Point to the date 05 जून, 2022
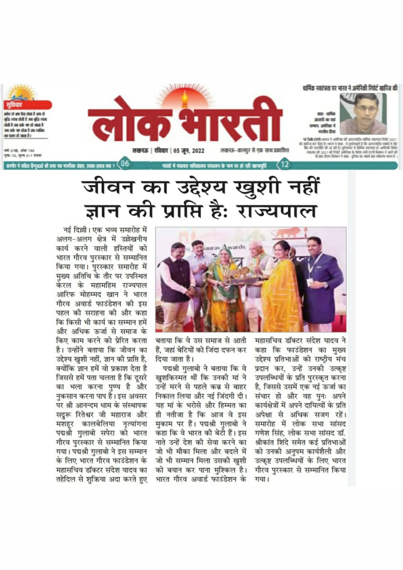189,151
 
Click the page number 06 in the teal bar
125,164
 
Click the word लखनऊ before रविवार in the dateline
140,151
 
